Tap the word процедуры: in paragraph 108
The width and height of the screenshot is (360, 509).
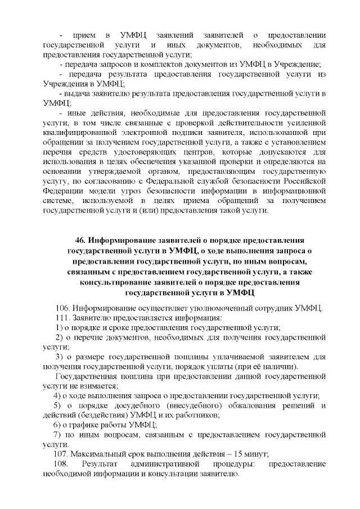232,465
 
